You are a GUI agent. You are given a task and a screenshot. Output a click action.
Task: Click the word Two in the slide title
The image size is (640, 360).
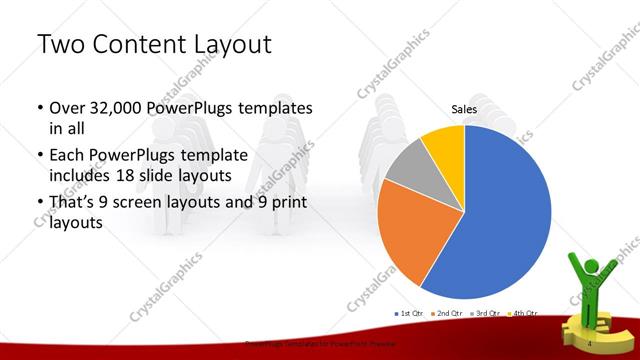point(60,45)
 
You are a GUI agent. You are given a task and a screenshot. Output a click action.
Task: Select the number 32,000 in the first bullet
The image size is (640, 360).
point(119,106)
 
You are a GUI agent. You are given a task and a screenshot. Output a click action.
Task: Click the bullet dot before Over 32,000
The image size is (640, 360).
point(39,107)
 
